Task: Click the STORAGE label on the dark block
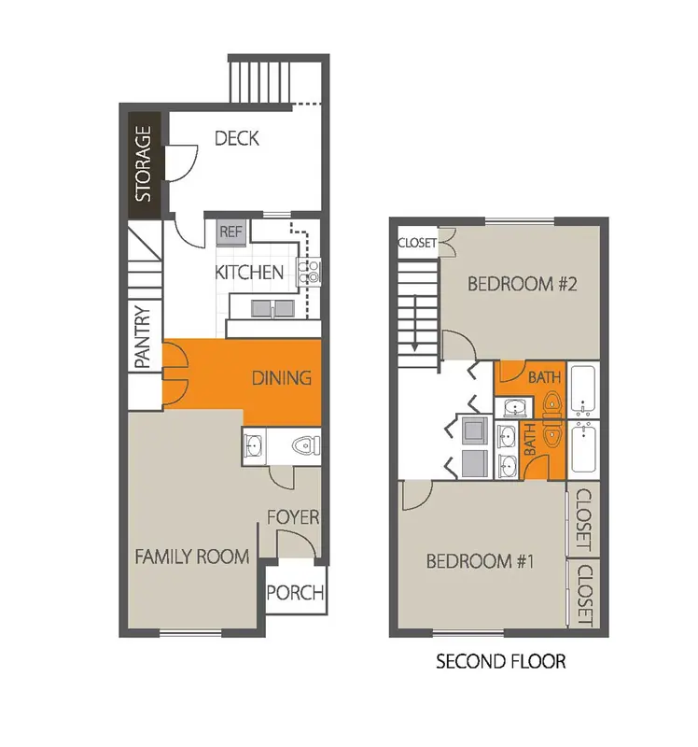pyautogui.click(x=144, y=163)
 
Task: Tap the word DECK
pyautogui.click(x=237, y=138)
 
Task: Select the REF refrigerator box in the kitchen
pyautogui.click(x=230, y=232)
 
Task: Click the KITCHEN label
pyautogui.click(x=249, y=273)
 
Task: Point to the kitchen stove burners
pyautogui.click(x=309, y=272)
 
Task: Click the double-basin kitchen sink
pyautogui.click(x=272, y=308)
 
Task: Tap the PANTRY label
pyautogui.click(x=143, y=336)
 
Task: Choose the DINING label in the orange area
pyautogui.click(x=282, y=378)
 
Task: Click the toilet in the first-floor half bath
pyautogui.click(x=306, y=446)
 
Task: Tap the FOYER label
pyautogui.click(x=293, y=517)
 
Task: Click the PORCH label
pyautogui.click(x=295, y=593)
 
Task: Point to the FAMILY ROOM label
pyautogui.click(x=192, y=557)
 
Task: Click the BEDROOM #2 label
pyautogui.click(x=523, y=284)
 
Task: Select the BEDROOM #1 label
pyautogui.click(x=480, y=561)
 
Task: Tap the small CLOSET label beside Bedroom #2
pyautogui.click(x=417, y=243)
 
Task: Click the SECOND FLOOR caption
pyautogui.click(x=501, y=662)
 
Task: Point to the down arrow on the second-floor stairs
pyautogui.click(x=415, y=324)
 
